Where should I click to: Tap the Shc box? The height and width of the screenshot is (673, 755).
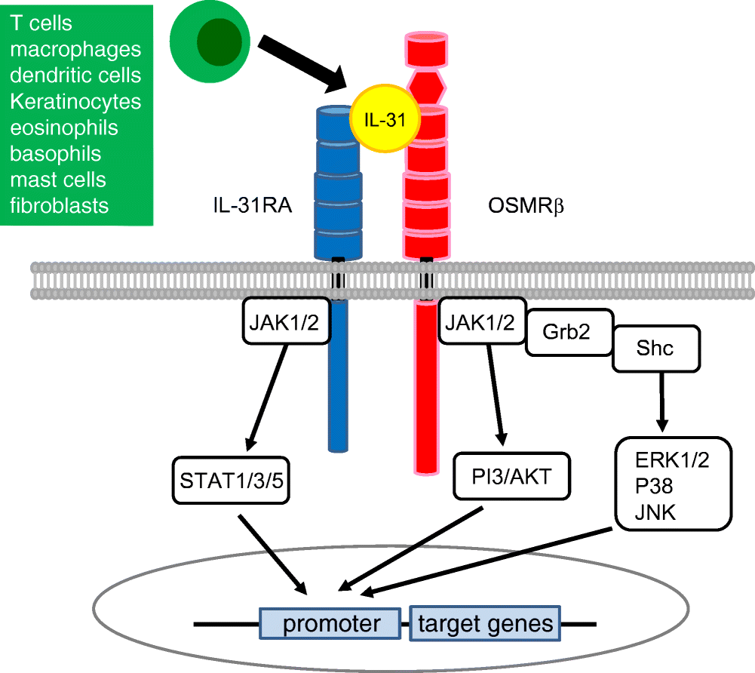[655, 349]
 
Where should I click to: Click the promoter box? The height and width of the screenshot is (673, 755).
[330, 624]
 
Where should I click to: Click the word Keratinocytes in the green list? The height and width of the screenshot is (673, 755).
[75, 101]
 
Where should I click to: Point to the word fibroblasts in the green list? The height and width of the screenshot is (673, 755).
[59, 204]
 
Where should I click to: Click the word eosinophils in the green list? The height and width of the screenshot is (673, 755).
[64, 127]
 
